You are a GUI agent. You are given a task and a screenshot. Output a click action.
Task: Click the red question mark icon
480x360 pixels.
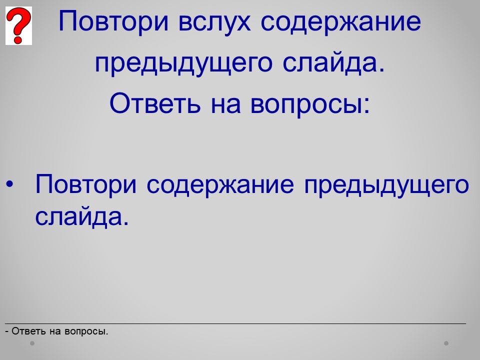point(18,25)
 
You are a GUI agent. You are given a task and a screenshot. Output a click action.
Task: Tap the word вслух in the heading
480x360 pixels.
point(214,21)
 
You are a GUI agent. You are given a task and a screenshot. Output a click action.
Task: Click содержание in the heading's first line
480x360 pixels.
point(340,22)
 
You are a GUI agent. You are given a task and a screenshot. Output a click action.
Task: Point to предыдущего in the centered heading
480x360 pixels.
point(183,63)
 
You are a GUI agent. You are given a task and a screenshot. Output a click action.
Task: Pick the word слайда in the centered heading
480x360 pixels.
point(329,63)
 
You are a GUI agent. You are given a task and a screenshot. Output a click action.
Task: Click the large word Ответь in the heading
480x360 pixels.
point(155,103)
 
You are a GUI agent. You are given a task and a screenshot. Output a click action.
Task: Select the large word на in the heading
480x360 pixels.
point(225,105)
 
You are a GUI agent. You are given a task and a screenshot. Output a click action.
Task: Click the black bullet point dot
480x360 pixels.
point(10,184)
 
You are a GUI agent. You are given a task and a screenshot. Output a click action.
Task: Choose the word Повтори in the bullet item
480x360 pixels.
point(85,184)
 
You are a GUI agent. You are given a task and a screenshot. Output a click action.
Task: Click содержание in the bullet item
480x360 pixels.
point(220,184)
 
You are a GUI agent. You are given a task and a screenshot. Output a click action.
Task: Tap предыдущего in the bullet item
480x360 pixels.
point(386,185)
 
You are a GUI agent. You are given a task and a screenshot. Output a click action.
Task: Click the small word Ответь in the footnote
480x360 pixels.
point(29,331)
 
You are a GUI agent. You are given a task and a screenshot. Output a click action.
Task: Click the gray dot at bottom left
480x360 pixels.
point(32,343)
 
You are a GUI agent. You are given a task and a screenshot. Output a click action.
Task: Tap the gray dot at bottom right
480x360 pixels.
point(446,343)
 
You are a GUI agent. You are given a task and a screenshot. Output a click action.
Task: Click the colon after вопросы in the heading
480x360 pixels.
point(366,105)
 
